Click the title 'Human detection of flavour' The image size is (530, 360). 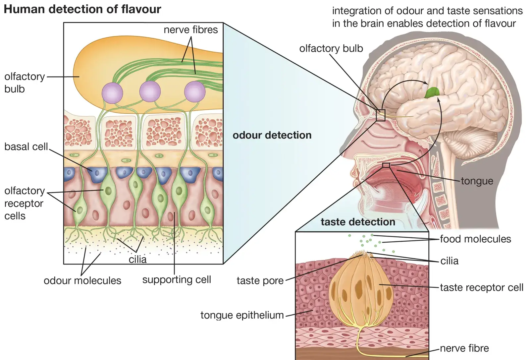tap(82, 10)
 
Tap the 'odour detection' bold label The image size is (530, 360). tap(272, 135)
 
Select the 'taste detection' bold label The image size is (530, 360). tap(358, 222)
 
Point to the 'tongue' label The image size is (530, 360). tap(477, 181)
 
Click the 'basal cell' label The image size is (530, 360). tap(26, 147)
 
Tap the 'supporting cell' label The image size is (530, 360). tap(177, 280)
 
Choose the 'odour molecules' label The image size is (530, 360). tap(82, 281)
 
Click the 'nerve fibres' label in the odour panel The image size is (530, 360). tap(191, 30)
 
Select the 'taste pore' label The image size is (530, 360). tap(260, 281)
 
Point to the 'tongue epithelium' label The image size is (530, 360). tap(242, 315)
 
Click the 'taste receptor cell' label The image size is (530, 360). tap(482, 287)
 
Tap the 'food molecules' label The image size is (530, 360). tap(476, 239)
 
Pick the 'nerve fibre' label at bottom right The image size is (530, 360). tap(464, 348)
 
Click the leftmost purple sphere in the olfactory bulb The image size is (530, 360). tap(112, 93)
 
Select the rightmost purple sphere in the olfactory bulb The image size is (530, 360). tap(195, 92)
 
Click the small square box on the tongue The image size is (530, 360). tap(386, 165)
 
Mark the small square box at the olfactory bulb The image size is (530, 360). tap(381, 115)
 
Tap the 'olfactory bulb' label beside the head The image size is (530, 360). tap(331, 48)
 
